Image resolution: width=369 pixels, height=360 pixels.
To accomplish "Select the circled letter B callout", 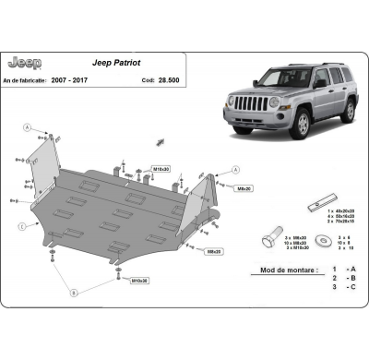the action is pos(74,293).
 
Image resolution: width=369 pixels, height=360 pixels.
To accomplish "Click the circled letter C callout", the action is pos(20,225).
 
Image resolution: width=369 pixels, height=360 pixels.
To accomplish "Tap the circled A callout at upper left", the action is pos(29,127).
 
